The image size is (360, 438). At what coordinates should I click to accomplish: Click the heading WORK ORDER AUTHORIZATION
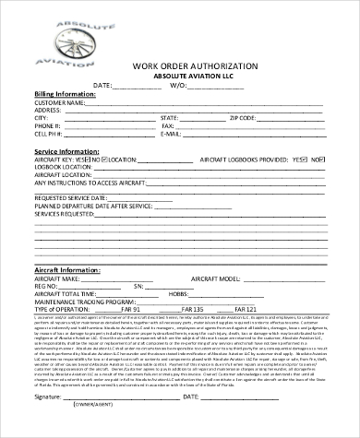pyautogui.click(x=180, y=67)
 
